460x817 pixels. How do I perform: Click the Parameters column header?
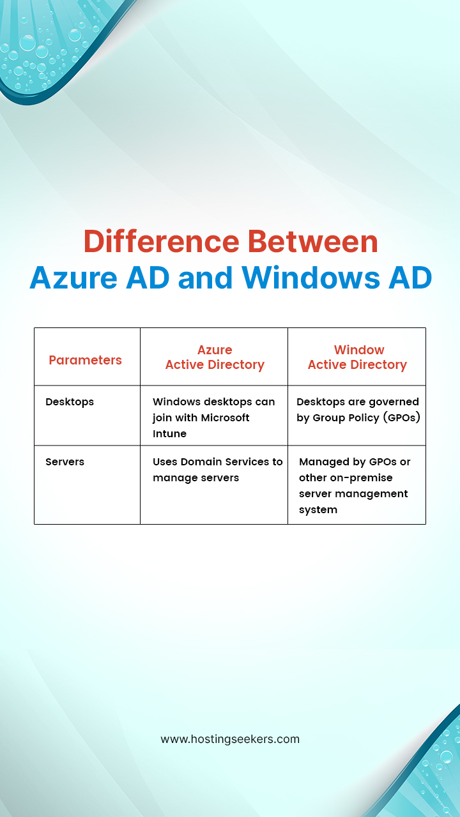point(85,360)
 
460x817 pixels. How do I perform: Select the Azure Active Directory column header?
point(215,357)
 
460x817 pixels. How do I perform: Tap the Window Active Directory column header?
point(357,357)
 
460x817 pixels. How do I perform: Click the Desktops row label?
point(70,401)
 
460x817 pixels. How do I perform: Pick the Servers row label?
point(65,461)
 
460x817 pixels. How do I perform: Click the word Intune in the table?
point(169,433)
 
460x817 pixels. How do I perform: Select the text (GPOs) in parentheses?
point(401,417)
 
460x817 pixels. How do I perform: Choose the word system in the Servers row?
point(318,509)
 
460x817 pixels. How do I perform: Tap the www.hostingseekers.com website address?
point(230,739)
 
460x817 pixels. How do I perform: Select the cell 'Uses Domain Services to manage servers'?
point(217,470)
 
